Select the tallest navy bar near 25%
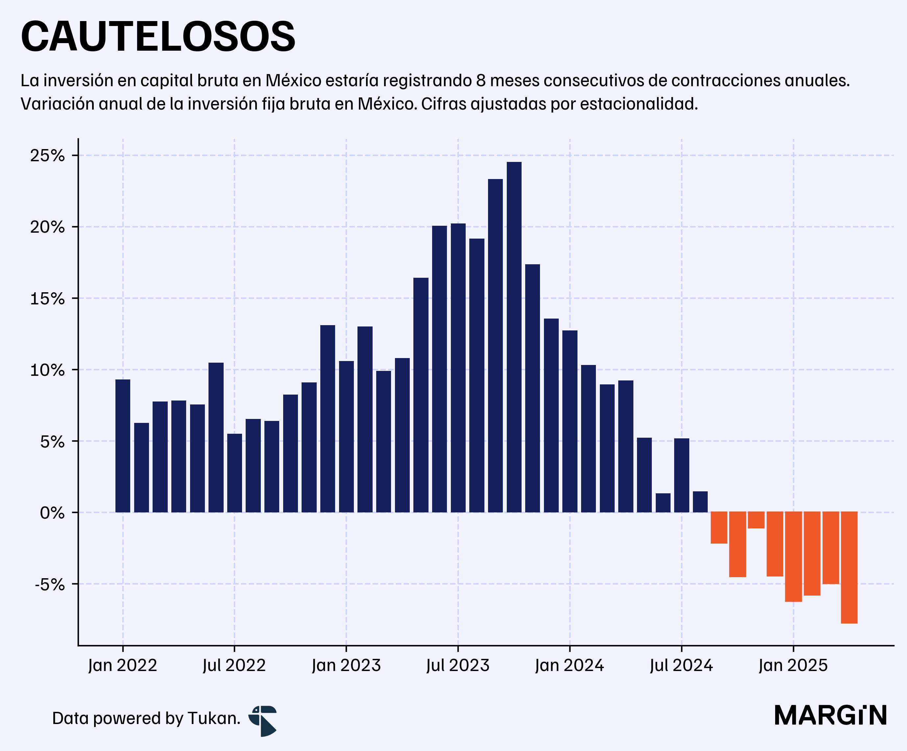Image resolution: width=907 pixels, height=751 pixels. point(514,337)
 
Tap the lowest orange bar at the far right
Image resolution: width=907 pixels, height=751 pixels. point(849,567)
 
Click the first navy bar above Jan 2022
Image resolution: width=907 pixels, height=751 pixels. point(123,446)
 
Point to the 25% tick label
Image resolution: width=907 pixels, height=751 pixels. point(47,156)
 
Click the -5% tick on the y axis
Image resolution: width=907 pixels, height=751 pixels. point(50,584)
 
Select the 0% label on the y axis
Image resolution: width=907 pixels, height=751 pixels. point(52,513)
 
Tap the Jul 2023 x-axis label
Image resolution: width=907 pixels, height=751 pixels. point(458,665)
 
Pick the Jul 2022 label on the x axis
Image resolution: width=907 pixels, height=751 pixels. point(234,665)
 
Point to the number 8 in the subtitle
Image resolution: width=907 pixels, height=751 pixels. point(481,81)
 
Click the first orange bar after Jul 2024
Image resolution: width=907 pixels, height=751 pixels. point(719,528)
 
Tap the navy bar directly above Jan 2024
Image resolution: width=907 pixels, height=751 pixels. point(570,421)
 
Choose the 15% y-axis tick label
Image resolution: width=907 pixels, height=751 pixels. point(47,298)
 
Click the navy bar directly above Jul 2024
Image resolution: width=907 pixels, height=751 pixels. point(681,475)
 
